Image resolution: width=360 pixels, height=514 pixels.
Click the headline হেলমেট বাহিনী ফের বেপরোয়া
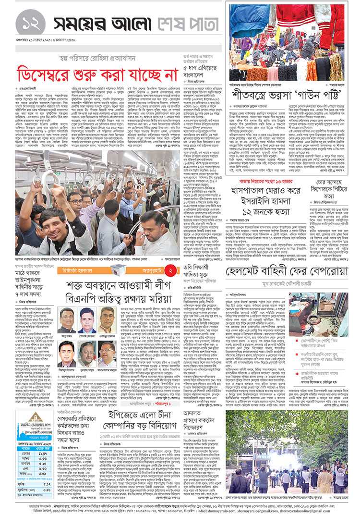(287, 271)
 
